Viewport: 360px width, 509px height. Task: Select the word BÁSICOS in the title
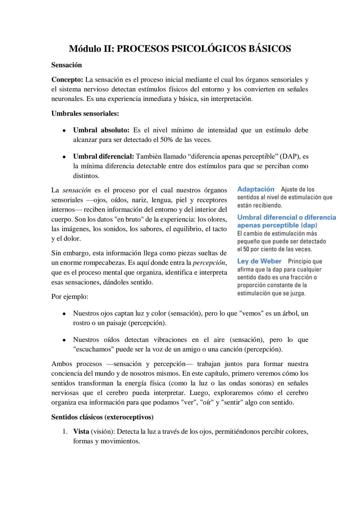pyautogui.click(x=270, y=49)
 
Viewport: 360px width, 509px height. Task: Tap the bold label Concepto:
pyautogui.click(x=67, y=80)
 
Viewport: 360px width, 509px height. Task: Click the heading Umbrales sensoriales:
pyautogui.click(x=85, y=113)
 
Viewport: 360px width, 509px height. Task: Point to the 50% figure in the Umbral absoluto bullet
pyautogui.click(x=166, y=140)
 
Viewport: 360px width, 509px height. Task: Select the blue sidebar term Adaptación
pyautogui.click(x=256, y=189)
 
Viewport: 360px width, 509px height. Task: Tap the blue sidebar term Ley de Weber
pyautogui.click(x=259, y=261)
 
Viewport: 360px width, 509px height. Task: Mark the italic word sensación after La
pyautogui.click(x=77, y=190)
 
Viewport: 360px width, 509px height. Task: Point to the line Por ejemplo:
pyautogui.click(x=70, y=296)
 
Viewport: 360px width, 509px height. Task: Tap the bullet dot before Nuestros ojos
pyautogui.click(x=64, y=314)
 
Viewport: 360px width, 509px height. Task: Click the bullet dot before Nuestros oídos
pyautogui.click(x=64, y=340)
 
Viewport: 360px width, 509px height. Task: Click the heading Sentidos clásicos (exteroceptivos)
pyautogui.click(x=102, y=417)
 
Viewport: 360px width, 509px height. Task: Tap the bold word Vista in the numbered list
pyautogui.click(x=81, y=431)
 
